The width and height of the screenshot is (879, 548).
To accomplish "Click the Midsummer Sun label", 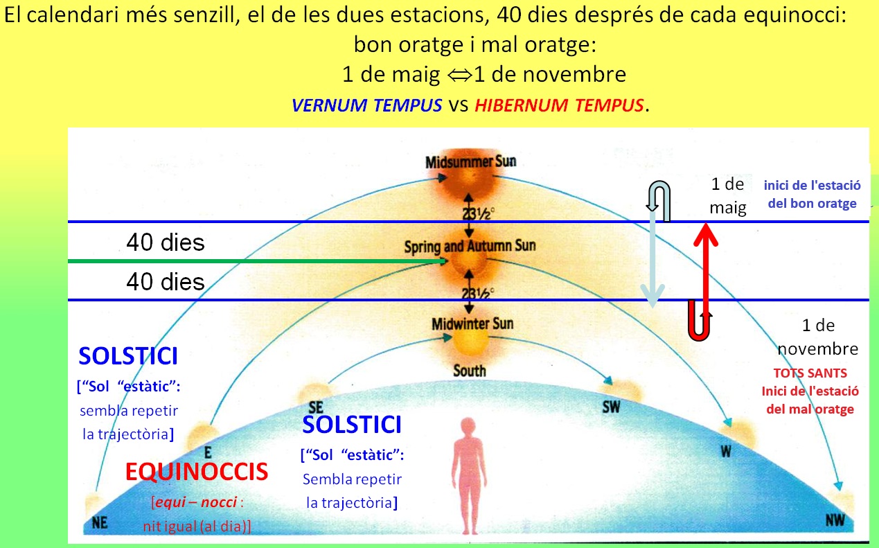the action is [471, 161].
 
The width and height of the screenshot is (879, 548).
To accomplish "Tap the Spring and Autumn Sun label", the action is [470, 246].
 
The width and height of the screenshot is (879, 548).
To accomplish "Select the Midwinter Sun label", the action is [472, 324].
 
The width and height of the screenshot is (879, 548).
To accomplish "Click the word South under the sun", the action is [470, 371].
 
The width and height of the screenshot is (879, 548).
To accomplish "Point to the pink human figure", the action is [470, 476].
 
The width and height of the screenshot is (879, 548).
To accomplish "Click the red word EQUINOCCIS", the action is [197, 472].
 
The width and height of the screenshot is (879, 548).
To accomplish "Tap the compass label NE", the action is [100, 522].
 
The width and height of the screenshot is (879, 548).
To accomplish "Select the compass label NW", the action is [835, 520].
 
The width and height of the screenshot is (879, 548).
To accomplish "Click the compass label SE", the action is [316, 407].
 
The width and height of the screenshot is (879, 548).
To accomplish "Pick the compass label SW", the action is [611, 407].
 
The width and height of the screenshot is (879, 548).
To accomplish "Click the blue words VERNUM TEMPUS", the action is [366, 105].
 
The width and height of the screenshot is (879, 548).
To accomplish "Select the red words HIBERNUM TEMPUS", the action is [559, 105].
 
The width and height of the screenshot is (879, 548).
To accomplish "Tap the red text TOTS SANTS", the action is [810, 373].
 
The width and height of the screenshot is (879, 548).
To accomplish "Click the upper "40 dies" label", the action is [166, 242].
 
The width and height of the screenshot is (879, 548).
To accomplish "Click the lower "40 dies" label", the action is [166, 282].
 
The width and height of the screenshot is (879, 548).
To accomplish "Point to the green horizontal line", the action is [257, 261].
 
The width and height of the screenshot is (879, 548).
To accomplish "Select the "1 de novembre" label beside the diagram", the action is [818, 337].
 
